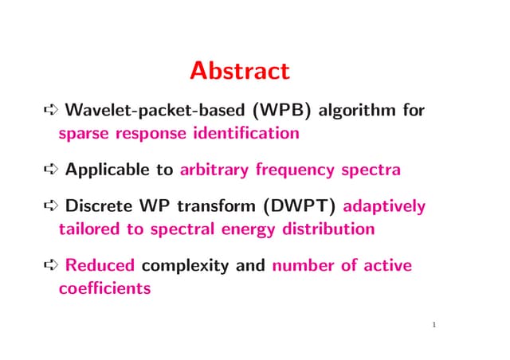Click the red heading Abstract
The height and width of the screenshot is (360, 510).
pyautogui.click(x=239, y=72)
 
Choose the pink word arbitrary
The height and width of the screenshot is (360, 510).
pyautogui.click(x=218, y=170)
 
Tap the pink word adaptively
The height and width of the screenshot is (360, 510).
pyautogui.click(x=386, y=207)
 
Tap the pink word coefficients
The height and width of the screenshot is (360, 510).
pyautogui.click(x=104, y=288)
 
